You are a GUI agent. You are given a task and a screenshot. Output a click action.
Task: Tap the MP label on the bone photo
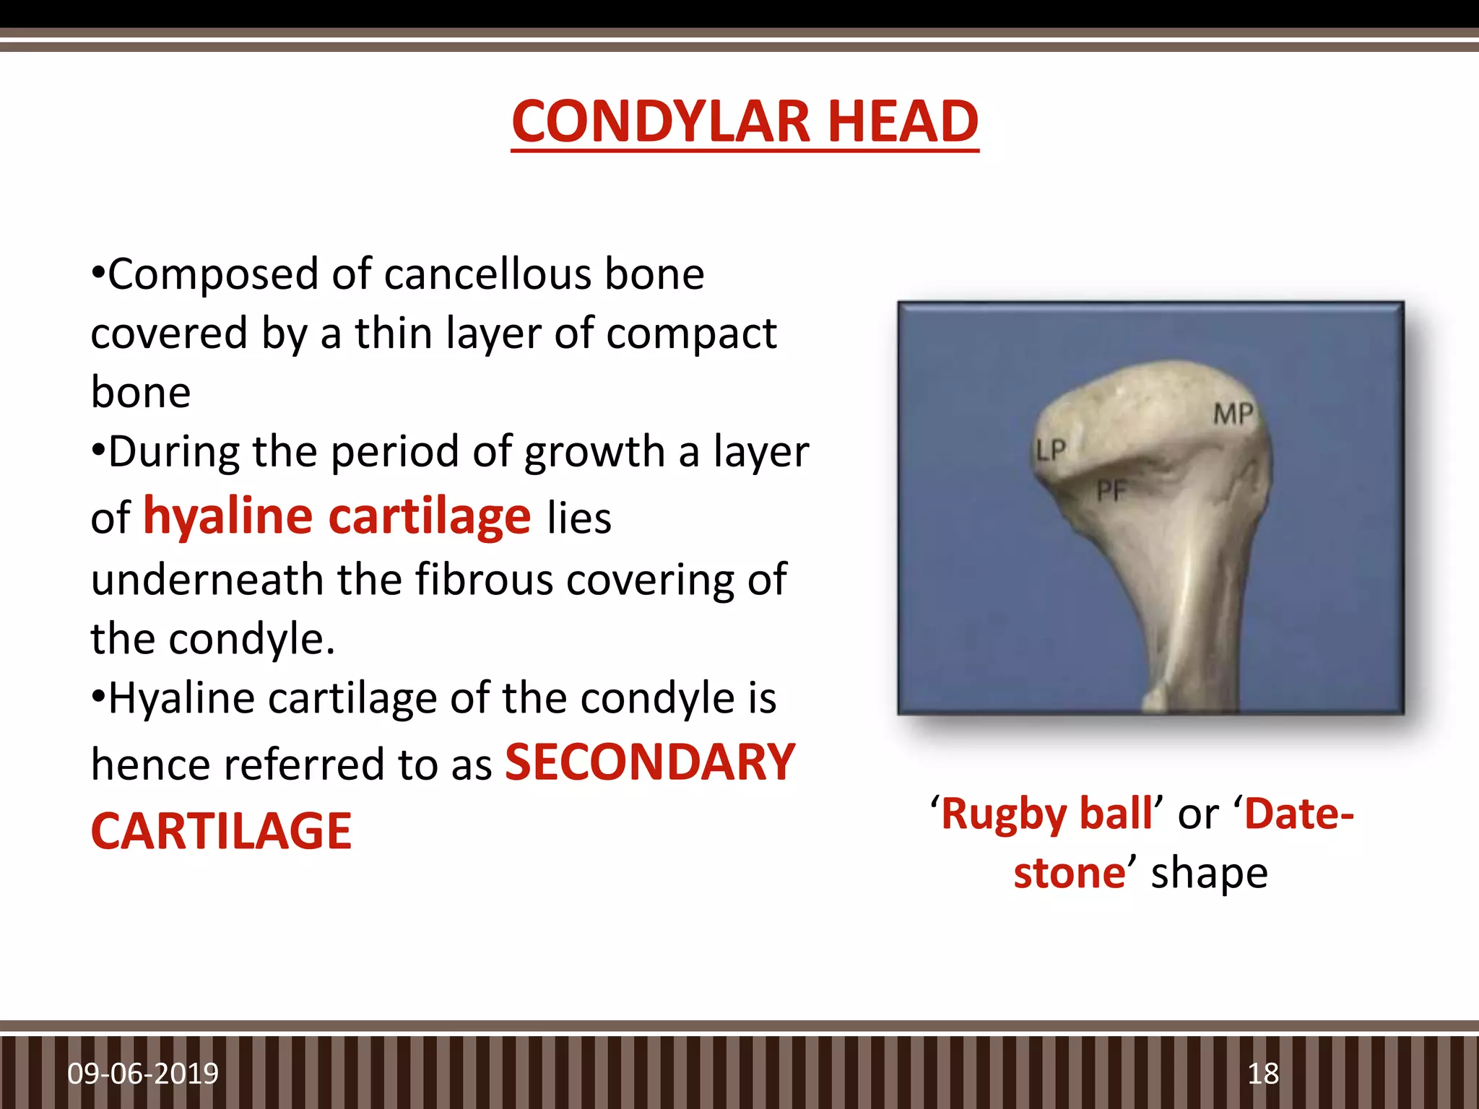click(1233, 414)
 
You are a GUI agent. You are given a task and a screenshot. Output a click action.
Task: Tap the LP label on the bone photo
click(1050, 451)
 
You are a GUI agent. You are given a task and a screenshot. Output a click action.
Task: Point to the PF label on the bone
click(1111, 492)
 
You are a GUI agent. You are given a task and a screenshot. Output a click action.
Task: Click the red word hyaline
click(228, 516)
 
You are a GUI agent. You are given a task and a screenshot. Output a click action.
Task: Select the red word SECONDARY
click(650, 763)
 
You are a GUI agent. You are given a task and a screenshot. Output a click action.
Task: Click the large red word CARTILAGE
click(221, 832)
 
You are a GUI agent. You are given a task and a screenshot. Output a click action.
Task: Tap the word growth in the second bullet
click(594, 452)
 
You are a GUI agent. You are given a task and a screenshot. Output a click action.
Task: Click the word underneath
click(207, 580)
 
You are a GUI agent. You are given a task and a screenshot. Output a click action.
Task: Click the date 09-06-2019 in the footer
click(143, 1074)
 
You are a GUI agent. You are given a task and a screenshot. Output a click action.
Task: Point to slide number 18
click(1263, 1074)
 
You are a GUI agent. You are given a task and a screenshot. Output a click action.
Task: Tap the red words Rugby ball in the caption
click(1047, 814)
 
